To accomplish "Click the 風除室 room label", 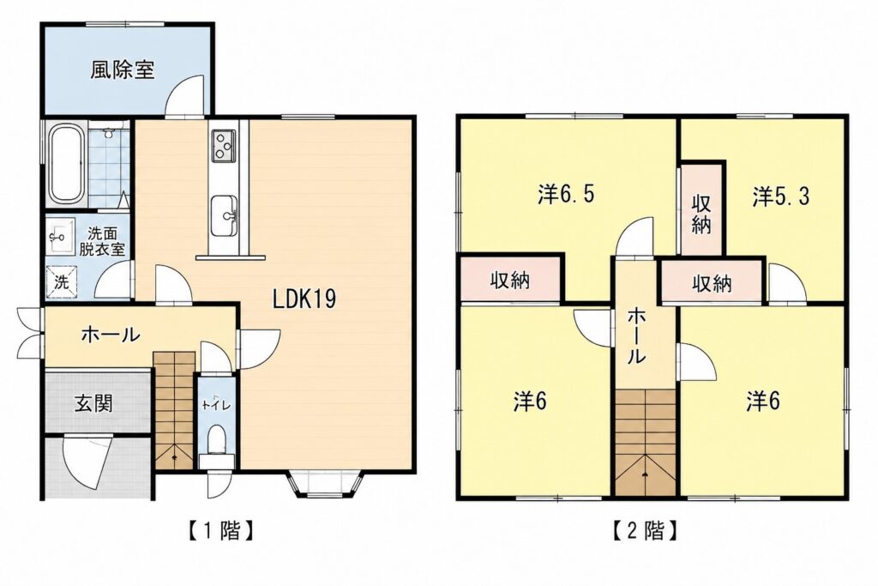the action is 123,70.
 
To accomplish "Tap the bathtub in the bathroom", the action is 67,165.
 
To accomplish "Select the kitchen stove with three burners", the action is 224,146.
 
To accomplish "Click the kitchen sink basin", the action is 225,215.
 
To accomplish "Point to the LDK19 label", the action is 304,299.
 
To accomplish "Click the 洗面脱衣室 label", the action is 102,241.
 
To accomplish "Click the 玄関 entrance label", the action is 93,402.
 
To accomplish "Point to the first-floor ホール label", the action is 111,335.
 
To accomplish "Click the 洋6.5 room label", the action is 566,195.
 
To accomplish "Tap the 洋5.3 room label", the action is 780,196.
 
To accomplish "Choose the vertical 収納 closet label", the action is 701,214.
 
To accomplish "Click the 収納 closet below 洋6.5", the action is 510,280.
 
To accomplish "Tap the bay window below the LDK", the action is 327,484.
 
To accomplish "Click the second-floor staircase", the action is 646,443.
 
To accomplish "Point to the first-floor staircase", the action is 174,410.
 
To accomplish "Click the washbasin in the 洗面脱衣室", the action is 61,237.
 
